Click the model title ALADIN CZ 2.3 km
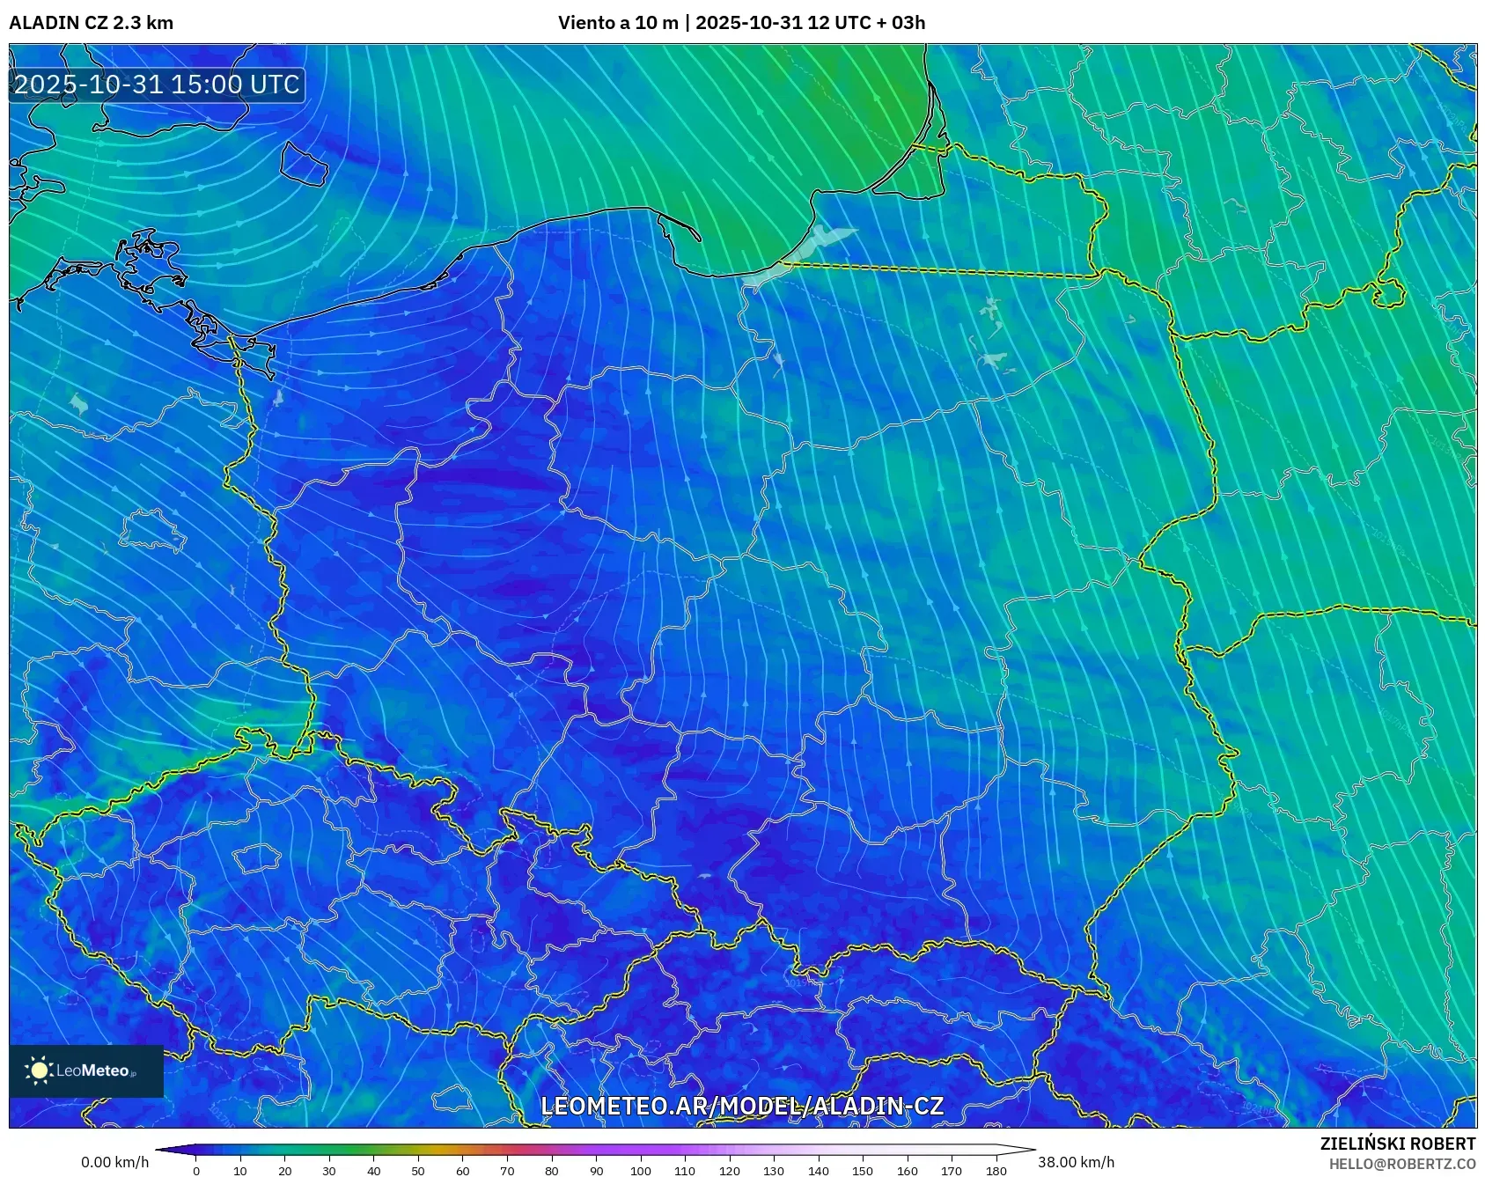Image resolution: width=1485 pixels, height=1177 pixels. pos(91,23)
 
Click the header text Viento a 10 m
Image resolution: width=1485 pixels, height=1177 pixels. pos(618,23)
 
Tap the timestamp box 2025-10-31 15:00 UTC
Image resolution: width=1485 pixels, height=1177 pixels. pos(157,85)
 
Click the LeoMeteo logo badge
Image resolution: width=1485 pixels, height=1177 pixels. pos(86,1070)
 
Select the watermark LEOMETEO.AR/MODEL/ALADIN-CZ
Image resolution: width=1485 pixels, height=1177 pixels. pos(741,1107)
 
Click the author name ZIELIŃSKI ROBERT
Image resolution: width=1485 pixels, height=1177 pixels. pos(1397,1144)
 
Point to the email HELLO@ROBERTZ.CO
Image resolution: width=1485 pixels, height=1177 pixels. pos(1401,1164)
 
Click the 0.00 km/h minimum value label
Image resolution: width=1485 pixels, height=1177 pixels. pos(114,1162)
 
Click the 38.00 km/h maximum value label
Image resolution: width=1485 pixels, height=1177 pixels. pos(1076,1162)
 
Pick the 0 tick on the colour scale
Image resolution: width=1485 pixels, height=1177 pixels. pos(196,1171)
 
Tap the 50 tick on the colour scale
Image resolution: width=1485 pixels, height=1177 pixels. pos(418,1171)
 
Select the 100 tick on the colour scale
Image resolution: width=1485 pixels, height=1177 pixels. pos(641,1171)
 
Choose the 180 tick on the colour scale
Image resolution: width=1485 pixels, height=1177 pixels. pos(996,1171)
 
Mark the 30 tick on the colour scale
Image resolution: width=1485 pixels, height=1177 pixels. pos(329,1171)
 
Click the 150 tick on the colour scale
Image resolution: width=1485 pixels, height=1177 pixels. pos(863,1171)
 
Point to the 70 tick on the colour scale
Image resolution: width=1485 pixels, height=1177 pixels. pos(507,1171)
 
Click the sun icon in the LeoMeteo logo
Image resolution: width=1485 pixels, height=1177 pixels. pos(40,1070)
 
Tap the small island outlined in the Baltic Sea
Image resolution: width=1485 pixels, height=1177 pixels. pos(304,164)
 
